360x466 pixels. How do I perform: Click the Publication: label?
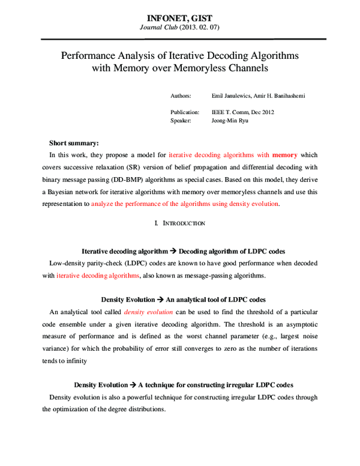tap(185, 112)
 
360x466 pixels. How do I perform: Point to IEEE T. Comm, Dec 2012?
tap(243, 112)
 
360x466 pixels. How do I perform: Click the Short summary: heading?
tap(73, 143)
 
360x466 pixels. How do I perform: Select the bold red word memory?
tap(284, 155)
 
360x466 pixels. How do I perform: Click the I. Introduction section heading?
tap(180, 223)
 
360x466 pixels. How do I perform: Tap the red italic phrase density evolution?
tap(148, 312)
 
